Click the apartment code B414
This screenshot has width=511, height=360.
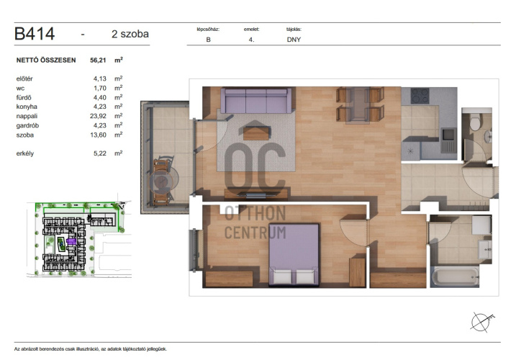[x=35, y=34]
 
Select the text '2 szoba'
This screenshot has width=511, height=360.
[x=130, y=34]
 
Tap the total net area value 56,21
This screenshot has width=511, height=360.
[x=98, y=60]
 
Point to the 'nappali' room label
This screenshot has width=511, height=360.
[x=27, y=116]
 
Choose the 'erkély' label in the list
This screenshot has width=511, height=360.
[x=25, y=153]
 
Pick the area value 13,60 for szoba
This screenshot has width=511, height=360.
[x=98, y=135]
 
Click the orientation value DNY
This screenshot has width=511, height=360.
[x=294, y=40]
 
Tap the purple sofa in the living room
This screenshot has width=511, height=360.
[x=256, y=100]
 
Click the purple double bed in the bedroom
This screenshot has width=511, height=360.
[x=294, y=255]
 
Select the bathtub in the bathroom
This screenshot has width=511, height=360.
[x=455, y=277]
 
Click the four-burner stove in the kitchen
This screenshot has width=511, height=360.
[x=420, y=96]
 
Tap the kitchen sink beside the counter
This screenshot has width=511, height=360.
[x=448, y=140]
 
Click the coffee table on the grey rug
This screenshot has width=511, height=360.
[x=256, y=133]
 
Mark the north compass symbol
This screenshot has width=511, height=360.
[x=482, y=322]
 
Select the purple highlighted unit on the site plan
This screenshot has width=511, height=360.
[x=71, y=241]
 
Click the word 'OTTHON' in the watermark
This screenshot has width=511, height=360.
[x=256, y=213]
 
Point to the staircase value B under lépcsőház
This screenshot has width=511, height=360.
[x=208, y=40]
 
